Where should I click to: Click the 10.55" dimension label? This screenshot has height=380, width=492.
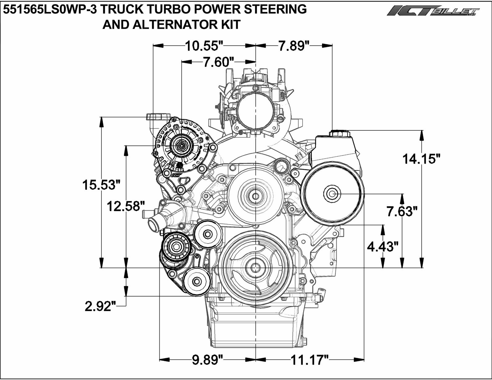coord(204,46)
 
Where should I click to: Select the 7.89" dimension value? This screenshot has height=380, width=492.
coord(294,46)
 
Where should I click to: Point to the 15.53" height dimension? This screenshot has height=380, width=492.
coord(101,185)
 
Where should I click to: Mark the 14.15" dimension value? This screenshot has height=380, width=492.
coord(422,159)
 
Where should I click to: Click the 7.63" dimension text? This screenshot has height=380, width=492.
coord(402,211)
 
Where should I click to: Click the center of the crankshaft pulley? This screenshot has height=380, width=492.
coord(255,267)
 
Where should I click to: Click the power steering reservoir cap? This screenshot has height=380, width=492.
coord(339,133)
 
